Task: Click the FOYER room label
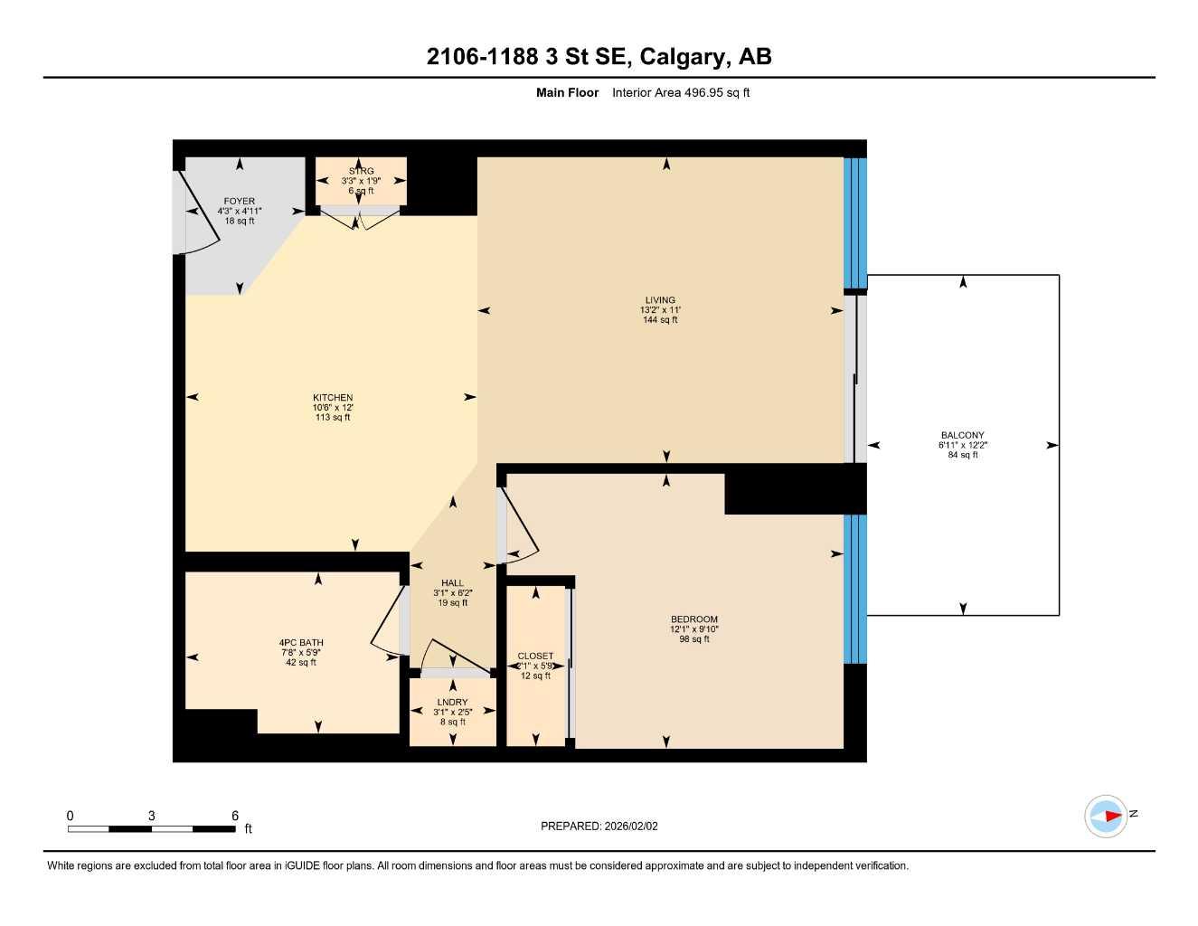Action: tap(240, 201)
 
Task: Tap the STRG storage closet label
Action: tap(361, 171)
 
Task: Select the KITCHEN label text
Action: tap(333, 398)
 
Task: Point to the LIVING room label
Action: tap(660, 300)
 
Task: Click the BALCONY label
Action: tap(962, 435)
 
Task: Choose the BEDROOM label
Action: tap(694, 619)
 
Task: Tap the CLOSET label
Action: tap(535, 657)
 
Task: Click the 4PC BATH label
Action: tap(301, 643)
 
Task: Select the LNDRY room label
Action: tap(452, 703)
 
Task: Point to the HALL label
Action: tap(452, 583)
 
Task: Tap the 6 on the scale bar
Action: tap(235, 816)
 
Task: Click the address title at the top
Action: tap(599, 57)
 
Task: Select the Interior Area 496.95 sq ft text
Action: tap(681, 92)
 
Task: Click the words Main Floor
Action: tap(567, 92)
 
